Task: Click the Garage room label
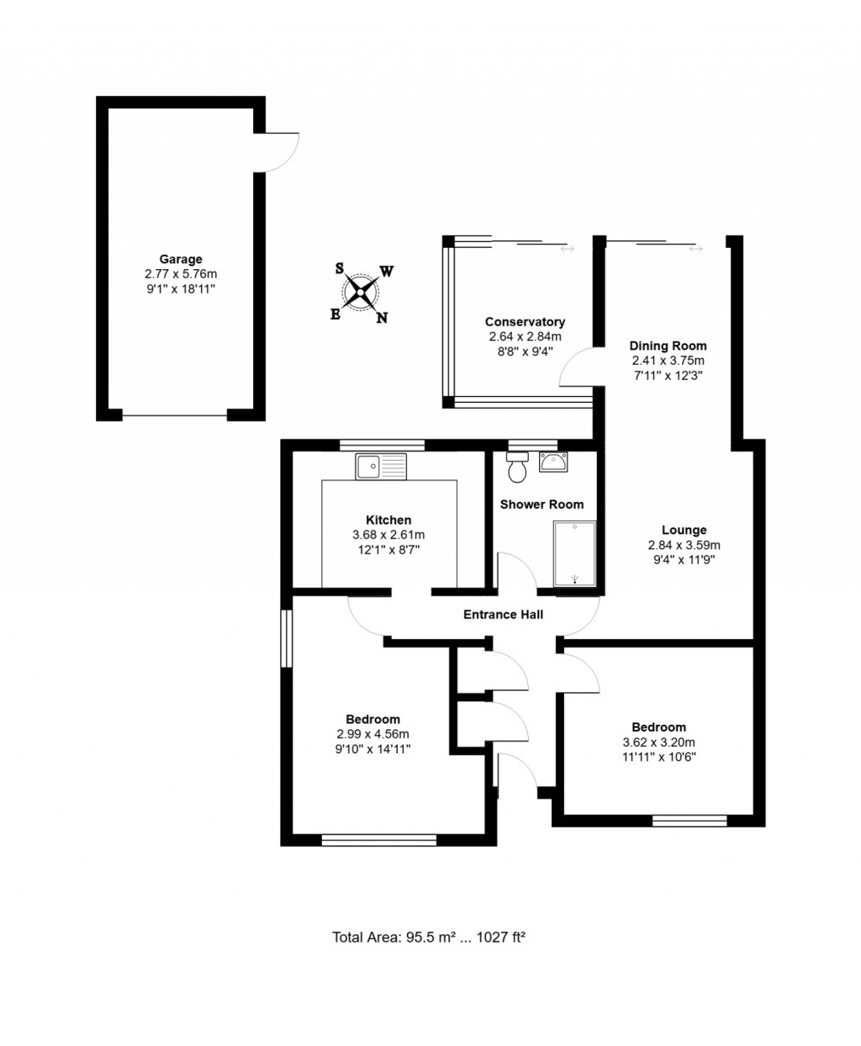click(181, 259)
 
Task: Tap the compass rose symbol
click(360, 293)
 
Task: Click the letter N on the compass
click(382, 318)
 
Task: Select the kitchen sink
click(381, 466)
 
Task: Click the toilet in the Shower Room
click(517, 467)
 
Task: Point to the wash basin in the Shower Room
click(553, 462)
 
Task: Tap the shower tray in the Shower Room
click(574, 553)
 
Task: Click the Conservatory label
click(525, 322)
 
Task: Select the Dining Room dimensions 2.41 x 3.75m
click(668, 361)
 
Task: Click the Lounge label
click(684, 530)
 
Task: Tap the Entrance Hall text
click(503, 615)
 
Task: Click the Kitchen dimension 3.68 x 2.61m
click(388, 535)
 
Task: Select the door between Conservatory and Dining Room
click(579, 367)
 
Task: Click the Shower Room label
click(541, 505)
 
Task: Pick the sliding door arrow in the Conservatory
click(568, 249)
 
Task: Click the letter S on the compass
click(339, 268)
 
